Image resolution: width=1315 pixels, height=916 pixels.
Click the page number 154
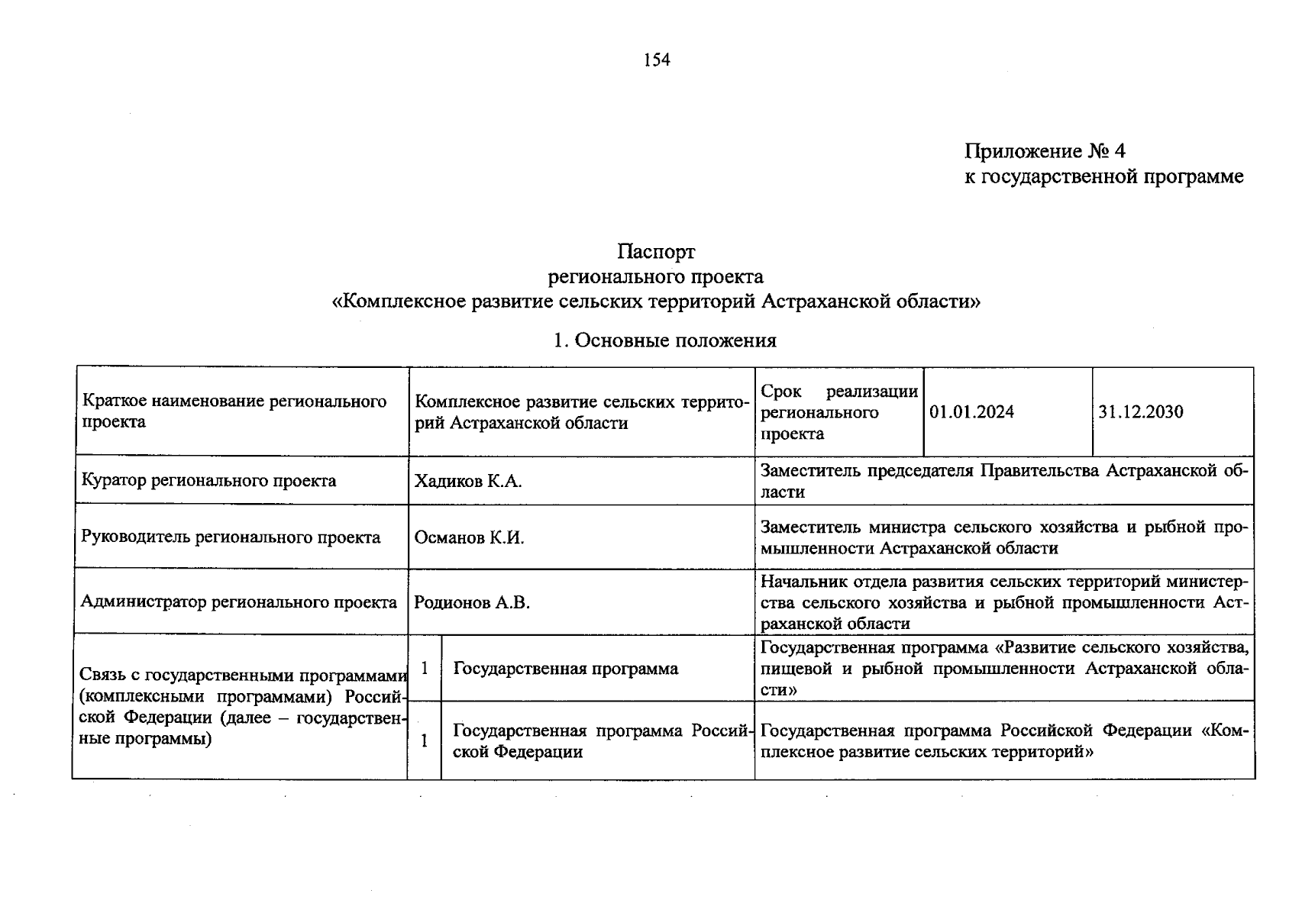[657, 60]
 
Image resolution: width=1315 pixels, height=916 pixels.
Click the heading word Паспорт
[657, 251]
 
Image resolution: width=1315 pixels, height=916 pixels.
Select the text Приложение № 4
[1045, 151]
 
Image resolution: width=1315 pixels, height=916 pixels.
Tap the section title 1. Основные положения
[664, 340]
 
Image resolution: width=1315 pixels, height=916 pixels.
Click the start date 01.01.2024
[972, 412]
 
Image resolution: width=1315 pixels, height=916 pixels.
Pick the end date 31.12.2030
[1141, 412]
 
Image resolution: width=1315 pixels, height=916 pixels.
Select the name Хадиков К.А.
[468, 481]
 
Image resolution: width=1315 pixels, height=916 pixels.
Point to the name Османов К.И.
[469, 537]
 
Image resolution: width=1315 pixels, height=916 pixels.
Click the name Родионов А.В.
[472, 602]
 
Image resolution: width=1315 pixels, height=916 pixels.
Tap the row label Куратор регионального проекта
[208, 481]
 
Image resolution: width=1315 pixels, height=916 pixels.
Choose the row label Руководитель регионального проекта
[231, 537]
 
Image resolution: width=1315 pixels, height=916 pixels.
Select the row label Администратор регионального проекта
[239, 602]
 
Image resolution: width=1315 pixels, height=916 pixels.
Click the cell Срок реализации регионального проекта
[838, 412]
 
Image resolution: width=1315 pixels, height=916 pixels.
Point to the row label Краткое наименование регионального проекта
[234, 411]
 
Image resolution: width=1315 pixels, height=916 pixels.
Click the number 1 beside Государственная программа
[425, 669]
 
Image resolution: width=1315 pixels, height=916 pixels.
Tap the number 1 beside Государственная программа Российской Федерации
[425, 740]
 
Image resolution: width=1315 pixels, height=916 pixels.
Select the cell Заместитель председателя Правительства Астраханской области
[1003, 481]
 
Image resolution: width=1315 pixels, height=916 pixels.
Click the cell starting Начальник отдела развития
[1003, 602]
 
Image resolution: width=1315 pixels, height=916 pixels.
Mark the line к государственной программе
[1103, 176]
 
